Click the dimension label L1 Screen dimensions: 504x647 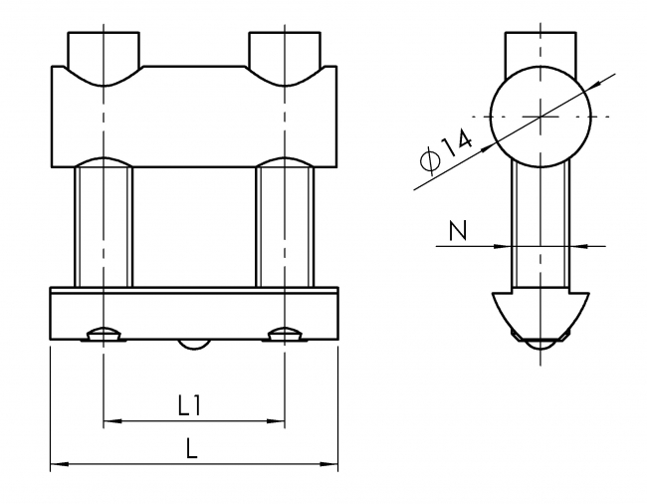click(191, 405)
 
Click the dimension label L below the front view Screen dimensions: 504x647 click(192, 448)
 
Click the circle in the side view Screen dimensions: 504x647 click(539, 119)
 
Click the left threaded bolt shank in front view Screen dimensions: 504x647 click(104, 224)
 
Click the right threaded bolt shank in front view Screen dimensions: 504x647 click(285, 224)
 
